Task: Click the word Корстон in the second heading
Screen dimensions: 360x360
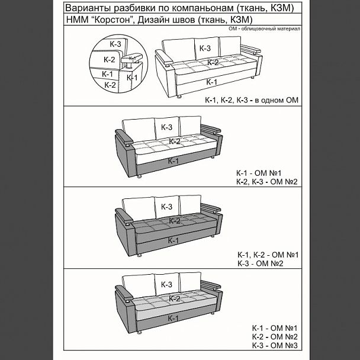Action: [x=112, y=20]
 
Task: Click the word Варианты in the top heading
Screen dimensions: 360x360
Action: [x=88, y=8]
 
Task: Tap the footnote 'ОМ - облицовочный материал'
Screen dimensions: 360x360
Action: [x=264, y=28]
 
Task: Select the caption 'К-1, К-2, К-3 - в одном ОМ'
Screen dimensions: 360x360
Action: [x=252, y=100]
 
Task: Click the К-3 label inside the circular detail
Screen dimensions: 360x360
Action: [x=115, y=44]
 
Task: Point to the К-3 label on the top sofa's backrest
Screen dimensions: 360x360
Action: [x=205, y=49]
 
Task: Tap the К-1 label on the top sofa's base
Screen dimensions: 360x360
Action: [x=211, y=82]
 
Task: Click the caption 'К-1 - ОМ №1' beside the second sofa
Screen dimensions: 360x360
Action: [x=259, y=173]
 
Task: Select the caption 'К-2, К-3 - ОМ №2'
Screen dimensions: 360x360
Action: [x=267, y=182]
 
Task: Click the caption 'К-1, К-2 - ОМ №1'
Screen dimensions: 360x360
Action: [x=268, y=255]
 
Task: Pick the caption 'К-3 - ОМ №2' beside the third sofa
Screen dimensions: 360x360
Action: [x=261, y=263]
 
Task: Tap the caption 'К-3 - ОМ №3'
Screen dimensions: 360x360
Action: [x=275, y=345]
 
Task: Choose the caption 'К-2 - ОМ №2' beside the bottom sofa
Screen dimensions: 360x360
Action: [x=275, y=337]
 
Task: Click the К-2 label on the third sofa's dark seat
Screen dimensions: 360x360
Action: [x=175, y=221]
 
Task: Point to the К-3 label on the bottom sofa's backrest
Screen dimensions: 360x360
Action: [x=166, y=284]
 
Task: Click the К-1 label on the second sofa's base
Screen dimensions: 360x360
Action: [x=173, y=160]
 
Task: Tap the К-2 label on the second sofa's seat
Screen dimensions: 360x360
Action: [x=175, y=141]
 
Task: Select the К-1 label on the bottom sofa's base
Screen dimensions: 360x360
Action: [x=173, y=318]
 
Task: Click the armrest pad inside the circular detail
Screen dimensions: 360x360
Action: [x=132, y=58]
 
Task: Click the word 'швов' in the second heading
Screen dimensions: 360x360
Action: [x=184, y=20]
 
